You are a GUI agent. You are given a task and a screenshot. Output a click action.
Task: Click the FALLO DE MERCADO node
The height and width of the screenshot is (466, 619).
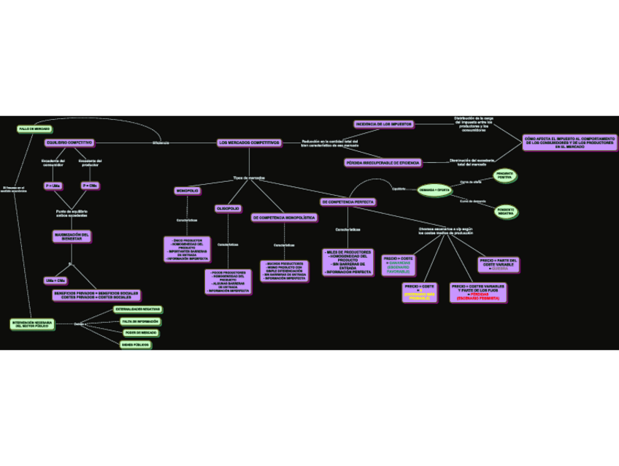click(34, 129)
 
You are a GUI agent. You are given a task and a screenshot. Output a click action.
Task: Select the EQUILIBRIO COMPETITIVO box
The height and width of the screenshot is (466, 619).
click(69, 142)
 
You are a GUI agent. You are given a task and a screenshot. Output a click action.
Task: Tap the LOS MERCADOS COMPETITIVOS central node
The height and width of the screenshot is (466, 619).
click(248, 142)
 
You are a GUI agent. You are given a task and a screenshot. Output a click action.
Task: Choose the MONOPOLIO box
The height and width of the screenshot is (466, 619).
click(188, 191)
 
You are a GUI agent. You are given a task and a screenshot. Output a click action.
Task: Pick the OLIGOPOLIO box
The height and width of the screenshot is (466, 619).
click(228, 208)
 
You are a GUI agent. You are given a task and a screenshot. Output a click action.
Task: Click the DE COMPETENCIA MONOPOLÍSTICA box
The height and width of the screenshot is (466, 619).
click(285, 218)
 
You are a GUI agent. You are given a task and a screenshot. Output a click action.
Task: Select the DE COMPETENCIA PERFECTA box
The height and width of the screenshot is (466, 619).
click(348, 202)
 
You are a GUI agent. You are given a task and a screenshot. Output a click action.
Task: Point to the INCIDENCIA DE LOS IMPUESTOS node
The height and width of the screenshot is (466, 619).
click(383, 124)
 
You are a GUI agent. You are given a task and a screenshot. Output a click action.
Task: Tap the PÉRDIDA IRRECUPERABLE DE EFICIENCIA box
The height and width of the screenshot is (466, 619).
click(382, 162)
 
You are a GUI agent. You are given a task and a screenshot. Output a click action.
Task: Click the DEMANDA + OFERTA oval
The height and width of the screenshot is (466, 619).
click(434, 190)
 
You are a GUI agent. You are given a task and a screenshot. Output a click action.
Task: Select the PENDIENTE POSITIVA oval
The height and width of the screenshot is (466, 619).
click(505, 175)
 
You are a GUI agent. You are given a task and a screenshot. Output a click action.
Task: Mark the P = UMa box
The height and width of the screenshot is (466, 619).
click(53, 186)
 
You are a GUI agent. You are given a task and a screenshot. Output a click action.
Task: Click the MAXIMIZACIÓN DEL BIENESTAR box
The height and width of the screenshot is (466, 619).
click(72, 236)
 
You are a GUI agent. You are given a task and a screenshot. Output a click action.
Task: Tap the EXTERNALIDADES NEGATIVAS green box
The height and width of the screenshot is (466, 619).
click(137, 310)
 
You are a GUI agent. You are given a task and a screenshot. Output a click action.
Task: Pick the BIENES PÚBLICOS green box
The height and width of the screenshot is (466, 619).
click(136, 344)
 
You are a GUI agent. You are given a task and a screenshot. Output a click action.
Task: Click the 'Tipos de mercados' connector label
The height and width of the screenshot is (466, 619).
click(249, 177)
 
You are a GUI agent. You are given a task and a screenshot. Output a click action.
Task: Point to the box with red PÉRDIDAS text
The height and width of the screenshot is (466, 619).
click(479, 292)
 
